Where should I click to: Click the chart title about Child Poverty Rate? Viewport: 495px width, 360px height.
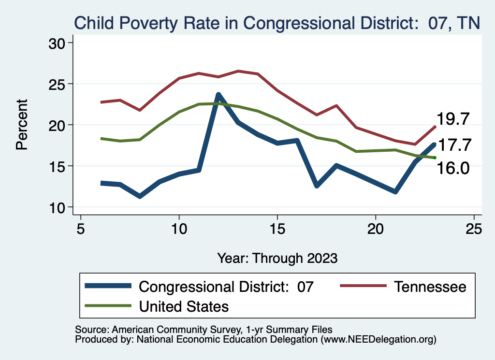click(276, 23)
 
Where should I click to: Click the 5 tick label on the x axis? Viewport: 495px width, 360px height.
click(81, 229)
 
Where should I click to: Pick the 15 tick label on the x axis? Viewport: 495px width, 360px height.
click(277, 229)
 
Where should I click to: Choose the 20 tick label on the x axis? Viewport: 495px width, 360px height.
click(376, 229)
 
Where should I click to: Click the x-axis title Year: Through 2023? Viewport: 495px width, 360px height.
click(277, 258)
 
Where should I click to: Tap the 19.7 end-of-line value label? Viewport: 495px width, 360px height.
click(453, 118)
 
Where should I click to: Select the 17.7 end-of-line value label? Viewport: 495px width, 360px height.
click(453, 144)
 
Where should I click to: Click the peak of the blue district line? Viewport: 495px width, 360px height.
click(218, 95)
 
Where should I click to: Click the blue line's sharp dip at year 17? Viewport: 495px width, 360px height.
click(317, 186)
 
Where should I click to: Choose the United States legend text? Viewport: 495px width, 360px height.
click(184, 306)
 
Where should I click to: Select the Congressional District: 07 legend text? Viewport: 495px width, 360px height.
click(226, 287)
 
